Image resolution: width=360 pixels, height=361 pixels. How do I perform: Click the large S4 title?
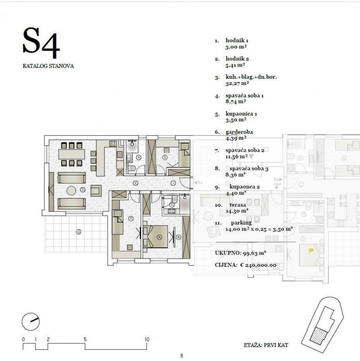[x=41, y=42]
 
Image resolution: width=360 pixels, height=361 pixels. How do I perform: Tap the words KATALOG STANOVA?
[x=48, y=66]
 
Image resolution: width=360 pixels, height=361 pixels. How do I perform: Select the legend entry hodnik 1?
[x=237, y=41]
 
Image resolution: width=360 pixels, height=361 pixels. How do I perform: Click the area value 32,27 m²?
[x=237, y=83]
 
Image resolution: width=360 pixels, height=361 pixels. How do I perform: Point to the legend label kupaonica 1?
[x=241, y=114]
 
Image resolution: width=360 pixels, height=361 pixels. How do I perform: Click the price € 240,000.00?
[x=258, y=265]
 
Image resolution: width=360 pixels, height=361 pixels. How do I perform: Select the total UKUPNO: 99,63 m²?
[x=241, y=253]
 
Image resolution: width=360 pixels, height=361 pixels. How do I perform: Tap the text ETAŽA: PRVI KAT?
[x=266, y=345]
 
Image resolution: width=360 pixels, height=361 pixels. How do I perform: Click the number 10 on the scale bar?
[x=147, y=339]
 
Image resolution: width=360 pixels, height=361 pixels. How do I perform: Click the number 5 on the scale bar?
[x=85, y=339]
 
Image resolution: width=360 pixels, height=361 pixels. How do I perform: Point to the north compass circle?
[x=30, y=322]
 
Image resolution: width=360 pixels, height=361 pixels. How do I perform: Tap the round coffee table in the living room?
[x=71, y=191]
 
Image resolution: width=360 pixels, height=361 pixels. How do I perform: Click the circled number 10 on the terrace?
[x=79, y=232]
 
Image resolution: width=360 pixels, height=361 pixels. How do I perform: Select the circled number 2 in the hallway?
[x=136, y=183]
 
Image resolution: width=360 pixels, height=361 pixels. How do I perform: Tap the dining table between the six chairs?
[x=71, y=154]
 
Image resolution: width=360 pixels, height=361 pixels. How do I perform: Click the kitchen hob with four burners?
[x=113, y=143]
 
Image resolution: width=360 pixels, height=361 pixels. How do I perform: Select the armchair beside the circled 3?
[x=96, y=191]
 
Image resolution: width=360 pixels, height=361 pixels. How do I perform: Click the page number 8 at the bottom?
[x=182, y=356]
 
